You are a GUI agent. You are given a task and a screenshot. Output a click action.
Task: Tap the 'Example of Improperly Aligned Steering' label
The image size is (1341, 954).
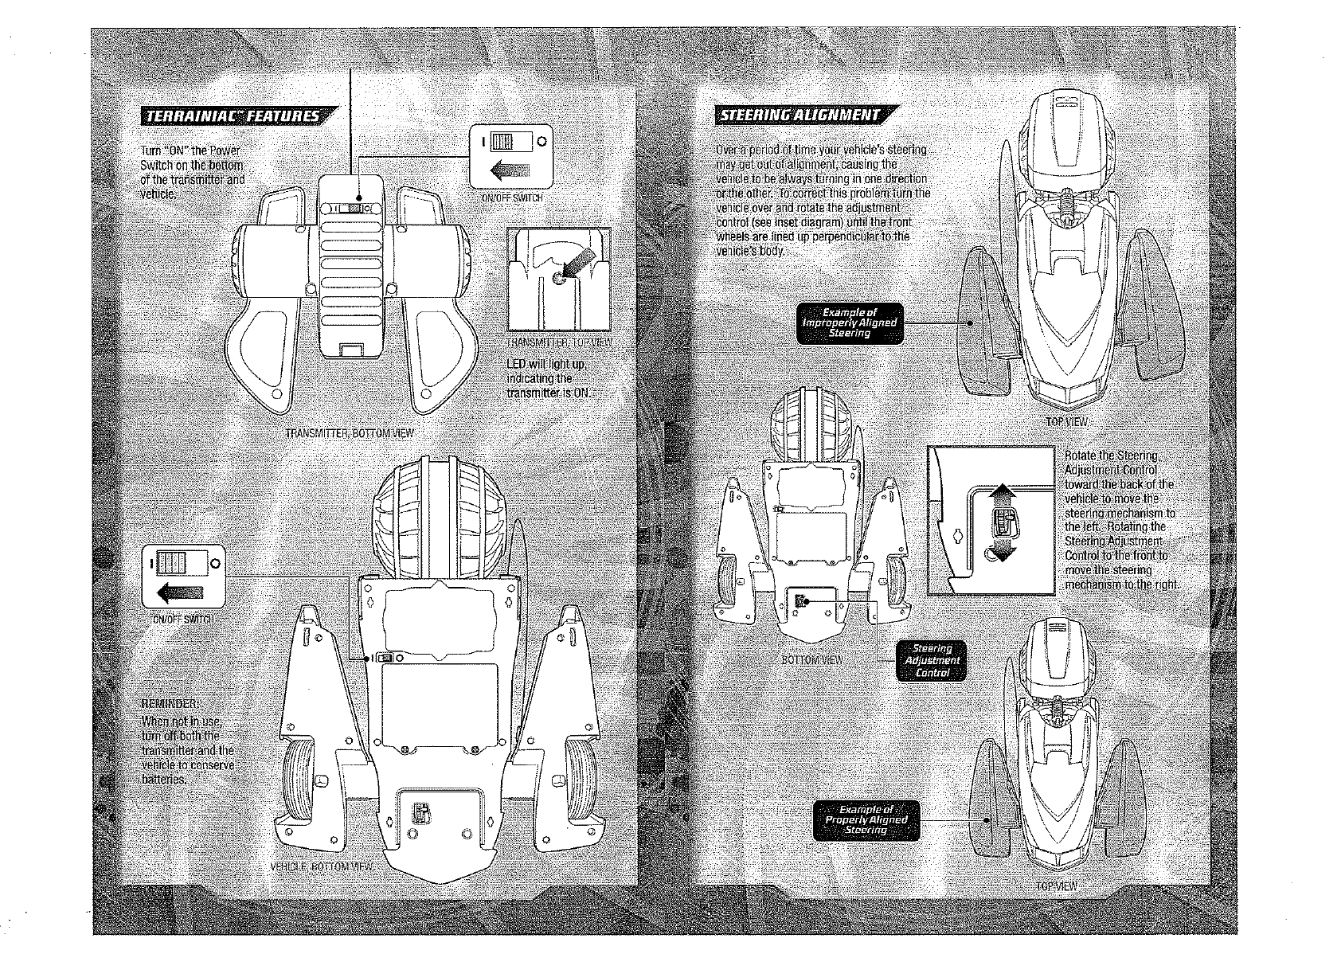pos(850,323)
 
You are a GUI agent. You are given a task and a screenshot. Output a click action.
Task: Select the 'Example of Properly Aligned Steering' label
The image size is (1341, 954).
pos(866,819)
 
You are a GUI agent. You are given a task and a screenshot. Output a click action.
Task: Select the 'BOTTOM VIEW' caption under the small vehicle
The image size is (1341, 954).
pos(811,660)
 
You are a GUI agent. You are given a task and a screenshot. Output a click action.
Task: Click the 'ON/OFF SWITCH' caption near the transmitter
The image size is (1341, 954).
pos(512,198)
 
